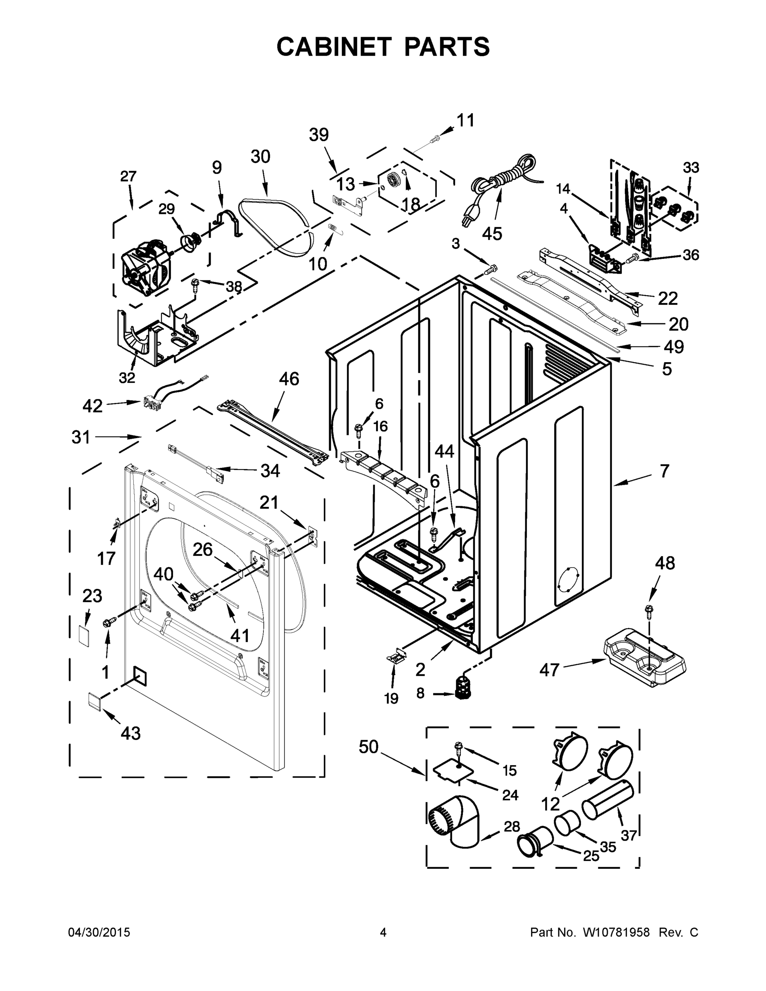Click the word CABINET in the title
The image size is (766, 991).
(x=334, y=46)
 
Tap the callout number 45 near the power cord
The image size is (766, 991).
(x=492, y=234)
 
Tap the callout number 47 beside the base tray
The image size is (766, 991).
(x=549, y=670)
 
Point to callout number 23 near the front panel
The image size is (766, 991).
(x=92, y=596)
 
